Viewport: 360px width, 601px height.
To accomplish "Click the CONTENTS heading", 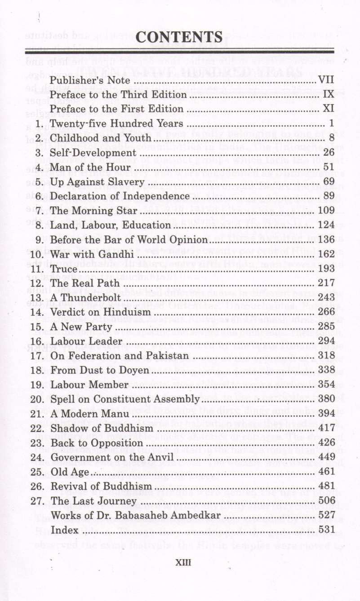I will [x=179, y=36].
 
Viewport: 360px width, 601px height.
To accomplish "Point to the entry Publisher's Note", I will [x=90, y=81].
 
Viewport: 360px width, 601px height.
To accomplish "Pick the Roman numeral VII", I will [x=325, y=81].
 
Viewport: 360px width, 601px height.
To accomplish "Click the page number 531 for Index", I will [x=327, y=530].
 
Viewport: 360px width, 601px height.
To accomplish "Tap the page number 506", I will [x=326, y=500].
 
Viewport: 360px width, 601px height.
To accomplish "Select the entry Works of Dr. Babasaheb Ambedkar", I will [x=135, y=515].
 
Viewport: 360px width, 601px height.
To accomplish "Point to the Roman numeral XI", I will [x=328, y=109].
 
